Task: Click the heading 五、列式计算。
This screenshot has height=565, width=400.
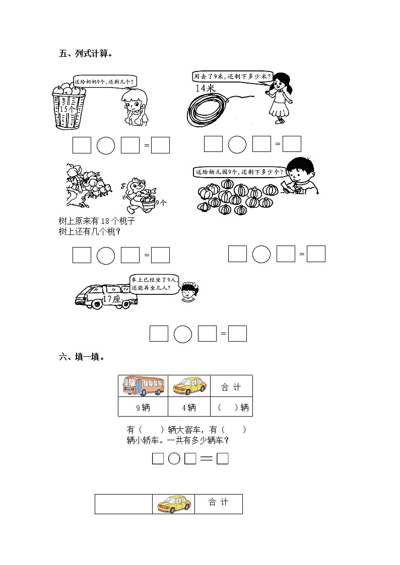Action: tap(85, 53)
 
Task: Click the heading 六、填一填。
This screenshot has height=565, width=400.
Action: tap(82, 357)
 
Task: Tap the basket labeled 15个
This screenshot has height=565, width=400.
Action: tap(69, 107)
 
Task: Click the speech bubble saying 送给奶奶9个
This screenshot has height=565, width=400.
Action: tap(104, 81)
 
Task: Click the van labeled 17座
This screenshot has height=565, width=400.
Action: tap(106, 296)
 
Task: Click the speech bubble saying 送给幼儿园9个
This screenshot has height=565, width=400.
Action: tap(238, 172)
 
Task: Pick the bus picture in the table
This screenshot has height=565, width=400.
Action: tap(143, 386)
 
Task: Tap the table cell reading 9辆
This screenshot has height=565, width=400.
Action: tap(143, 408)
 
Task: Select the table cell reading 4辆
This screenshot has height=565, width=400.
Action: tap(189, 408)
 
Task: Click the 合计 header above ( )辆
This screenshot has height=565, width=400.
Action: tap(231, 387)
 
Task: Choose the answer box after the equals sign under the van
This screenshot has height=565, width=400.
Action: tap(237, 334)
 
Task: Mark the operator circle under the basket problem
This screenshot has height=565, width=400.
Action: tap(106, 145)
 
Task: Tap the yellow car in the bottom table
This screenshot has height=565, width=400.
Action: tap(174, 504)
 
